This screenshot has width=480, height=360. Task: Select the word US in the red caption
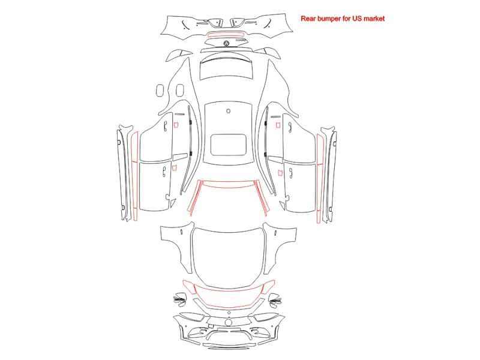click(356, 19)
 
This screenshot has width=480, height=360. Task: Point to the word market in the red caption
click(374, 19)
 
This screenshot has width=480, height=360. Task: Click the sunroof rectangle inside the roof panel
click(229, 145)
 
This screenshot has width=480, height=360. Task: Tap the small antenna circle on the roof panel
click(229, 111)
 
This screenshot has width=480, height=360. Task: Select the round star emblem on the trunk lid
click(226, 43)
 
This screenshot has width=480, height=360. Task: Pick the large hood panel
click(228, 257)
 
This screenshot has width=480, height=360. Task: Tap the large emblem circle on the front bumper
click(229, 322)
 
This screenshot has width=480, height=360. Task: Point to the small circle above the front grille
click(229, 313)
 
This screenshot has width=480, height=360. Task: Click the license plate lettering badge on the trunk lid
click(241, 40)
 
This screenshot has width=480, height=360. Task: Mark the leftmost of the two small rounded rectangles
click(160, 91)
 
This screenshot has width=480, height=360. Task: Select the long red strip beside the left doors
click(134, 176)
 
